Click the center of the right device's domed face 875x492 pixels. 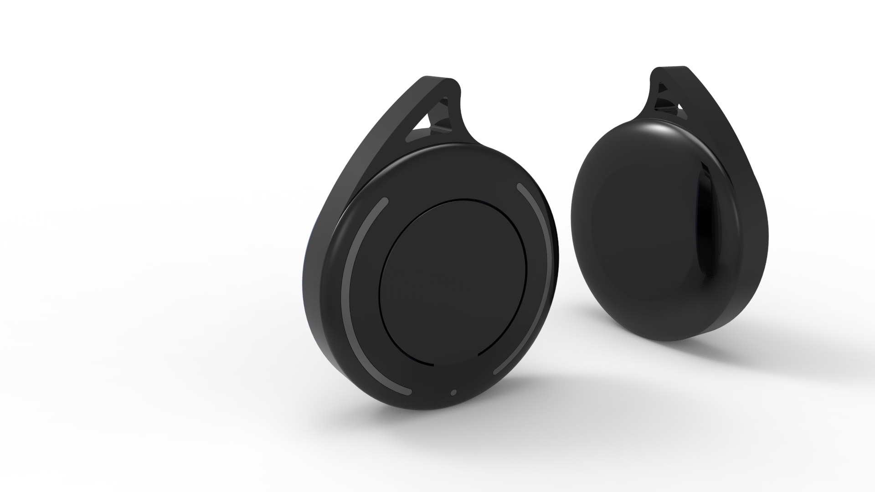tap(638, 228)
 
